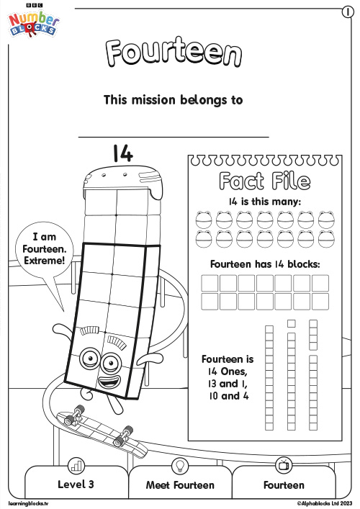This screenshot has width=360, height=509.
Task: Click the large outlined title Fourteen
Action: click(x=174, y=52)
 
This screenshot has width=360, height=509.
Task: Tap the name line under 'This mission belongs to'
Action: click(x=174, y=137)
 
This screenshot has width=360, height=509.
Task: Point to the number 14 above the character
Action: click(x=123, y=153)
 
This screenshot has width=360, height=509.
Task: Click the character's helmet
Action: click(x=123, y=179)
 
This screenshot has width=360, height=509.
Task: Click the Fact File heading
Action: click(x=264, y=181)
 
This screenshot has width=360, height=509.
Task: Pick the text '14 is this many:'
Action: click(x=264, y=202)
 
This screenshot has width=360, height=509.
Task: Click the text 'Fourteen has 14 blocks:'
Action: click(x=265, y=264)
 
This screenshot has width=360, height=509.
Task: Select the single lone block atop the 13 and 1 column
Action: click(x=292, y=323)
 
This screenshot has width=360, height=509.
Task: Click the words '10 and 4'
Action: click(x=228, y=396)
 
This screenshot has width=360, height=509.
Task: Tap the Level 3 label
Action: click(x=76, y=485)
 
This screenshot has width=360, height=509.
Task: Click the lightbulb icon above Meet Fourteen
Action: click(x=179, y=466)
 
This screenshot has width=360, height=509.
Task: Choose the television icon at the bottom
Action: click(x=283, y=465)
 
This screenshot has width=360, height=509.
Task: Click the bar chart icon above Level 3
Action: click(x=76, y=466)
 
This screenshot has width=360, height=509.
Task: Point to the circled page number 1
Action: click(x=348, y=12)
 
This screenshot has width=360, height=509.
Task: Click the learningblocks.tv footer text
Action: click(x=28, y=503)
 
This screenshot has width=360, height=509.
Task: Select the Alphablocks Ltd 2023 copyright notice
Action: click(x=324, y=503)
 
